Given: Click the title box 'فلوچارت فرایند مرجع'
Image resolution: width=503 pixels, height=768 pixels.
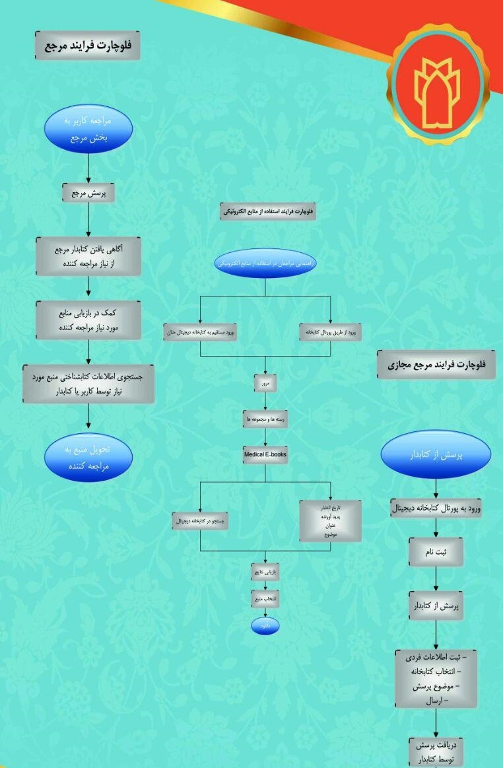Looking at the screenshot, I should [87, 46].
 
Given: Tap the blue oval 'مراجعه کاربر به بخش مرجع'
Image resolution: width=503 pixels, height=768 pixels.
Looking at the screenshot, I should [88, 129].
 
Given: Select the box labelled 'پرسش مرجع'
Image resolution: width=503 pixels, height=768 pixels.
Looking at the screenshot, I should [88, 192].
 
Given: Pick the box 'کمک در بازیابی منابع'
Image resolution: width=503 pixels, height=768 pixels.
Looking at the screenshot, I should [88, 320].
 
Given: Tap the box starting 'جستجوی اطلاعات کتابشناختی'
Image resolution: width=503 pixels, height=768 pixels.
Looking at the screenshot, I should [88, 384].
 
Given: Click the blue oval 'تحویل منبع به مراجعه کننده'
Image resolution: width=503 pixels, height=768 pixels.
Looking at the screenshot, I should [88, 458].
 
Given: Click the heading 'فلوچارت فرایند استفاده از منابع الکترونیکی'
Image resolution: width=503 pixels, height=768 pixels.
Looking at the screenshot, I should [267, 211].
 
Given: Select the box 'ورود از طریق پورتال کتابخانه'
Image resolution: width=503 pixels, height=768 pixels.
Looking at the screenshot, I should [331, 332].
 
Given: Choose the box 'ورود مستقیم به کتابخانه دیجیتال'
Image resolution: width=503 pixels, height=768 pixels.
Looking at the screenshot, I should [201, 332].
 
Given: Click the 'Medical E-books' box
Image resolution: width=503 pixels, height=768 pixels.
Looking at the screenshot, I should [265, 455].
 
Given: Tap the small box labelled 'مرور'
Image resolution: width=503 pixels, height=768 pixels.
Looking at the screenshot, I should [265, 382].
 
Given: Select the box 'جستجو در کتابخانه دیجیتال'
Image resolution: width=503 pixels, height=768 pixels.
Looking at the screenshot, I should [201, 521].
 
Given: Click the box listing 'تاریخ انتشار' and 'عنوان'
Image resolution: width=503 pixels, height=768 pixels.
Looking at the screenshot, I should [331, 521].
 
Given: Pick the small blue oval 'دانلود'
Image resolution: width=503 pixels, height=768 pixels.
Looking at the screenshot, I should [265, 625].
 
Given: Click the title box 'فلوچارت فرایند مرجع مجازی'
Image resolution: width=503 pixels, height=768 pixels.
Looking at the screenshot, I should [436, 365].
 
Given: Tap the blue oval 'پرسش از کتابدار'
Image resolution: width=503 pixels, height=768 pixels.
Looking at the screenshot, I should [436, 454].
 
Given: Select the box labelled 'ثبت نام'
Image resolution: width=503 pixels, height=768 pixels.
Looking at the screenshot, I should [436, 551].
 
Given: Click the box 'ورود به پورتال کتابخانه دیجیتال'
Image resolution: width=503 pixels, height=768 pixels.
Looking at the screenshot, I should [436, 508].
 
